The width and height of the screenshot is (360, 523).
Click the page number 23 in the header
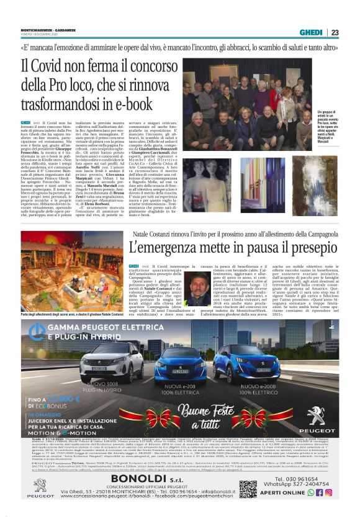click(x=335, y=32)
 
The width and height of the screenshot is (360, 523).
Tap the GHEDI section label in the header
click(x=311, y=32)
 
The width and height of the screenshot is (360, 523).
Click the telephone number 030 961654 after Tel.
click(x=316, y=478)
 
